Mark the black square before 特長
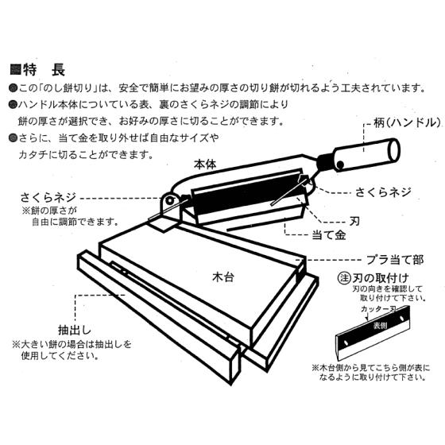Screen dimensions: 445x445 (14, 69)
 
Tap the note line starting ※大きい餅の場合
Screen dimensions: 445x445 (72, 346)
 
